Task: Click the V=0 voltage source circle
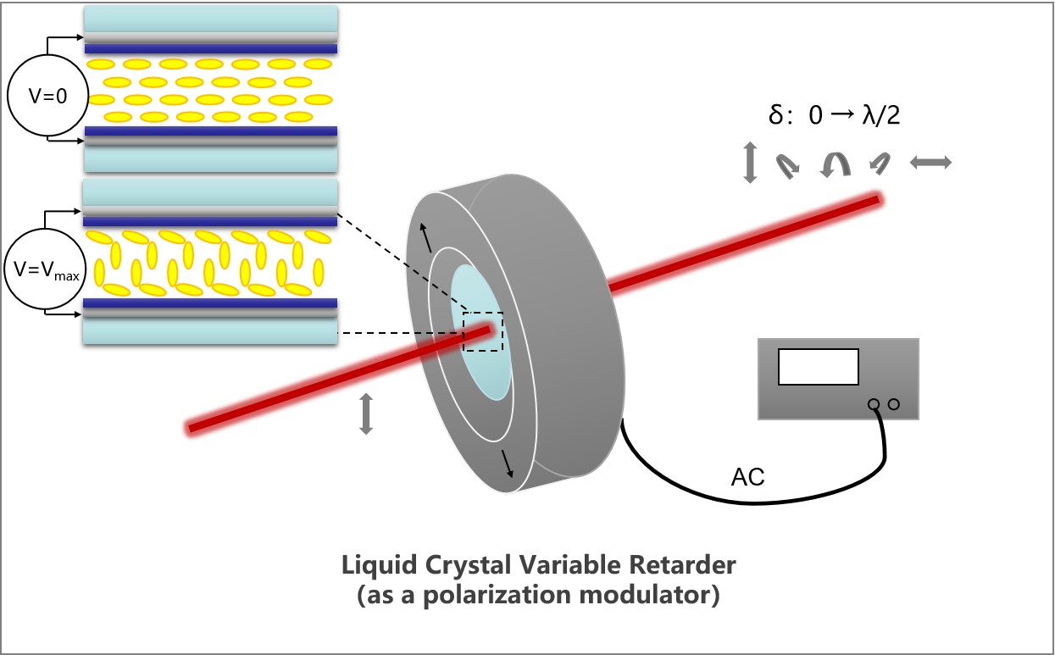[47, 96]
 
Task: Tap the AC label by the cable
[747, 478]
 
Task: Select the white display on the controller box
[818, 367]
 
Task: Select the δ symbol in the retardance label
[775, 116]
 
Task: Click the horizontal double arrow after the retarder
[931, 163]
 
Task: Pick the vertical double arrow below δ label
[749, 163]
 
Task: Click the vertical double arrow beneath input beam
[366, 414]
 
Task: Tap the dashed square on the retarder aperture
[482, 331]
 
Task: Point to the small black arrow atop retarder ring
[426, 241]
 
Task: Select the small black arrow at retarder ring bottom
[507, 463]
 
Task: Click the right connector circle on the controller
[893, 405]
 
